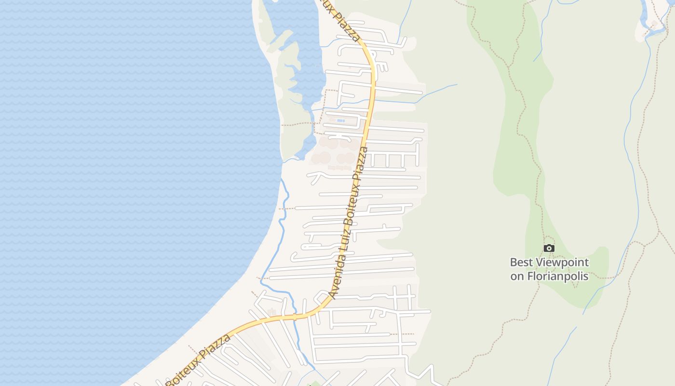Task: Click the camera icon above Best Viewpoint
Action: (549, 248)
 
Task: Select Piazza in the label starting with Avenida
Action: (363, 161)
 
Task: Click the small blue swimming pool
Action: (341, 121)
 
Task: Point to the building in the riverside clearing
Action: (654, 23)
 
